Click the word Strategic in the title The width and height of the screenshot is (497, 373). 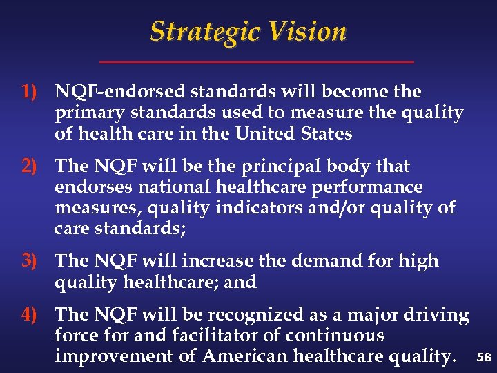pyautogui.click(x=204, y=32)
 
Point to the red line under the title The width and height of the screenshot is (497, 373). pyautogui.click(x=257, y=63)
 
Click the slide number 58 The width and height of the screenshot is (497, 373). pyautogui.click(x=483, y=358)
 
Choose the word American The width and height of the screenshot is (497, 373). pyautogui.click(x=245, y=356)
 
